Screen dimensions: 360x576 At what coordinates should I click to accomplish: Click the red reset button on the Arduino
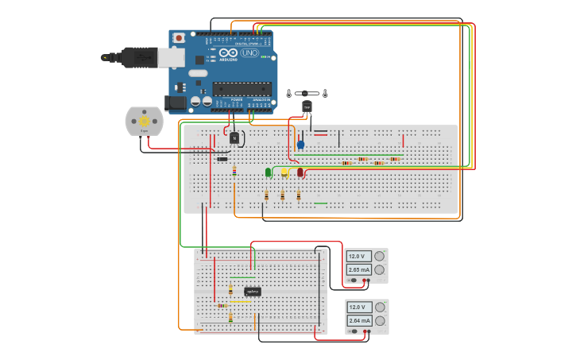click(180, 37)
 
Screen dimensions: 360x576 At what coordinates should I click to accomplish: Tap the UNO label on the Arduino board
click(249, 52)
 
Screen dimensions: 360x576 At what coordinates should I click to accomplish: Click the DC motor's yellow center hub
click(144, 120)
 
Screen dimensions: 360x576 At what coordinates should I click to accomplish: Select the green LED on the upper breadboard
click(269, 172)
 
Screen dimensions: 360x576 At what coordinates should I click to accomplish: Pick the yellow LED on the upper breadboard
click(284, 171)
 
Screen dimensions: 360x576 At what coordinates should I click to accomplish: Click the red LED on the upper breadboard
click(300, 172)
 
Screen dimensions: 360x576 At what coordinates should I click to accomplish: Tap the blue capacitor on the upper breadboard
click(300, 145)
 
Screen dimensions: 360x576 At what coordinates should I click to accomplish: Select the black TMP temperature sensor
click(307, 106)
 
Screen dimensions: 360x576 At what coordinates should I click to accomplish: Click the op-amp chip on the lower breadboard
click(253, 292)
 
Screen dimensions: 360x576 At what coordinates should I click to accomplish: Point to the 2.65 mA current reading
click(359, 270)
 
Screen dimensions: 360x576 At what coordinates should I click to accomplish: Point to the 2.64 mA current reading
click(359, 320)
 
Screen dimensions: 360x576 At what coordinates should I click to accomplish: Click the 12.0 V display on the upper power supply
click(358, 256)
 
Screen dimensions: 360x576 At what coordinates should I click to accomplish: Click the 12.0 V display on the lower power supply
click(358, 307)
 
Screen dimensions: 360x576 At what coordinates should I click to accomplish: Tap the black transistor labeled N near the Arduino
click(234, 137)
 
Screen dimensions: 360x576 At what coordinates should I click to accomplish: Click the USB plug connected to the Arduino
click(135, 57)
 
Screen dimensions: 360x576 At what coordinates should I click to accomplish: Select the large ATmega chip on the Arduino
click(242, 88)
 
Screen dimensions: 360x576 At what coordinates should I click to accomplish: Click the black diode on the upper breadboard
click(222, 159)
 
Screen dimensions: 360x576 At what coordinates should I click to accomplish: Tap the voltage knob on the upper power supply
click(380, 256)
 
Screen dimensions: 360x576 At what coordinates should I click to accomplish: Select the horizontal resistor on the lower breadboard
click(222, 305)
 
